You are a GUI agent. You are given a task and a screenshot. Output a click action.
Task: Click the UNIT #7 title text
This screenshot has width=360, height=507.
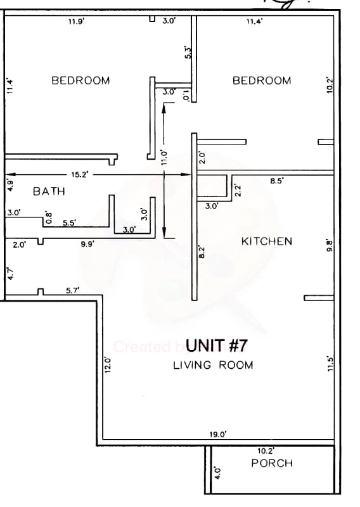(x=216, y=346)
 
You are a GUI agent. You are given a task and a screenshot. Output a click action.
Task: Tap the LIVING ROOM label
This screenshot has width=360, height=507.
(x=213, y=365)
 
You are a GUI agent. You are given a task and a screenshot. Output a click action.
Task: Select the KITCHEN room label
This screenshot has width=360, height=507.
(x=267, y=241)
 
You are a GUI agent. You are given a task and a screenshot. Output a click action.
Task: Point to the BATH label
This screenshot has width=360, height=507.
(x=49, y=191)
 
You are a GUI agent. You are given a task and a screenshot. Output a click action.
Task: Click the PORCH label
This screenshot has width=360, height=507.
(x=272, y=463)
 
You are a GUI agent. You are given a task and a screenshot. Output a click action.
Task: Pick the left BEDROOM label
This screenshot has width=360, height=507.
(x=80, y=80)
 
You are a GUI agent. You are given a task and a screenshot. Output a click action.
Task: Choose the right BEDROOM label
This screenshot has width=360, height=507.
(x=262, y=80)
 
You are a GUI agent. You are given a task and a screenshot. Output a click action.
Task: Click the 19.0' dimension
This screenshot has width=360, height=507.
(x=218, y=435)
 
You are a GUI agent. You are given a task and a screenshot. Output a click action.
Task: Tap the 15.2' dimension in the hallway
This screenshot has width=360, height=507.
(x=80, y=175)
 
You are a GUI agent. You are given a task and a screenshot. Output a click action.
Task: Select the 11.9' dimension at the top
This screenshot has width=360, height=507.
(x=76, y=22)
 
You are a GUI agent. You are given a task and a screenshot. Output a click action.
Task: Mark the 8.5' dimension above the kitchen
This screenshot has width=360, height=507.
(x=277, y=181)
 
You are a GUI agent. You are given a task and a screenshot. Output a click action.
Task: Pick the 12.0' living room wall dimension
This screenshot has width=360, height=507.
(x=107, y=366)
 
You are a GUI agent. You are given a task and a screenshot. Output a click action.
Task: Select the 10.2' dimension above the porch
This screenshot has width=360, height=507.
(x=266, y=451)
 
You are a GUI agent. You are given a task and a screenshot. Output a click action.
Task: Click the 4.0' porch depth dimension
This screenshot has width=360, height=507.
(x=216, y=472)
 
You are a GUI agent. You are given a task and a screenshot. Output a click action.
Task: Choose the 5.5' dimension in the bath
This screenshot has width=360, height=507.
(x=70, y=222)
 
